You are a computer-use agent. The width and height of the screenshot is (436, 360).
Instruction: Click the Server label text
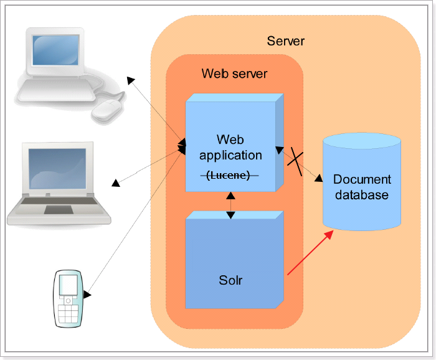285,41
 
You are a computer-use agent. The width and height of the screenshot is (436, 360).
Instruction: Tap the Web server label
234,73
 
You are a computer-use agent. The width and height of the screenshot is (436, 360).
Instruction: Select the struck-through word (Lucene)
229,175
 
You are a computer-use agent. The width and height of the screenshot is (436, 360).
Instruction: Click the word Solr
230,280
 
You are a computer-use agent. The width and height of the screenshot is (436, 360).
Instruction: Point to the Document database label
362,187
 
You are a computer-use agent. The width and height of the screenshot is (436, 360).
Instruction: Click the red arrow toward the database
310,253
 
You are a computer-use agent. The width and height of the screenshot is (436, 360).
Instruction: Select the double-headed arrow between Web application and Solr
230,206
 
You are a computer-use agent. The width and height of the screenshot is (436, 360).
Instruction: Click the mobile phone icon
68,298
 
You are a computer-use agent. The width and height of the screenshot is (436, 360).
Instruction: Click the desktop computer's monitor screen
55,50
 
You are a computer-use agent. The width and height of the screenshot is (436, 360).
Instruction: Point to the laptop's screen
57,169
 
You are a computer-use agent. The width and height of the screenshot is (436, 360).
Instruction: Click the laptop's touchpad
59,210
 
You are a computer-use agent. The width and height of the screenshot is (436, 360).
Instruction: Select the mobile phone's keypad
68,314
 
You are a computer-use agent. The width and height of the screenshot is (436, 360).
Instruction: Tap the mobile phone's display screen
68,285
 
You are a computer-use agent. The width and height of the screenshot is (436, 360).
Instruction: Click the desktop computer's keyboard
56,90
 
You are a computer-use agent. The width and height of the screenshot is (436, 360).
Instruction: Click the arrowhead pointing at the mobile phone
87,294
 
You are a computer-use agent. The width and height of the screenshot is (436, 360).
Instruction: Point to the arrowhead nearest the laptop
116,183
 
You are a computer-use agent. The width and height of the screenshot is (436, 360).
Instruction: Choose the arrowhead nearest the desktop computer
131,80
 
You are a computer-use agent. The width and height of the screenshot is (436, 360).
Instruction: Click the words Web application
230,148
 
